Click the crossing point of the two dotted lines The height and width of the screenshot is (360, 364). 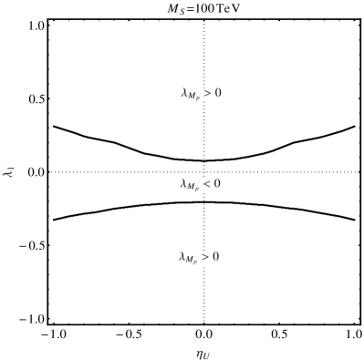tap(203, 171)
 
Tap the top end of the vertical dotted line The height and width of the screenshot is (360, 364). tap(203, 22)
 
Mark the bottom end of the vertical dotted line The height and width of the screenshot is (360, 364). tap(203, 321)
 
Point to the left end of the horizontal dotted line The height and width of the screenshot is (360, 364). tap(52, 171)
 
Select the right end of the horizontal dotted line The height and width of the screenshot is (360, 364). tap(358, 171)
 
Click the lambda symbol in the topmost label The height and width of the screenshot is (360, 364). tap(184, 93)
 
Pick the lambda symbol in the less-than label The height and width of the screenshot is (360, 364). tap(183, 184)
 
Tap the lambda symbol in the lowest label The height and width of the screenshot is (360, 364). tap(182, 258)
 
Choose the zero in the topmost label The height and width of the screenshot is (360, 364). tap(217, 94)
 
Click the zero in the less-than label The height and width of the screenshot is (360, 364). tap(216, 185)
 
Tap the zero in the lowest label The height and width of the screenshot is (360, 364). tap(215, 258)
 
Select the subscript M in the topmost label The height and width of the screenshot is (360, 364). tap(192, 97)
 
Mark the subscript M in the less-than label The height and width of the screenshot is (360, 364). tap(191, 188)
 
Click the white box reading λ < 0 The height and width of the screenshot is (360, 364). tap(200, 185)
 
